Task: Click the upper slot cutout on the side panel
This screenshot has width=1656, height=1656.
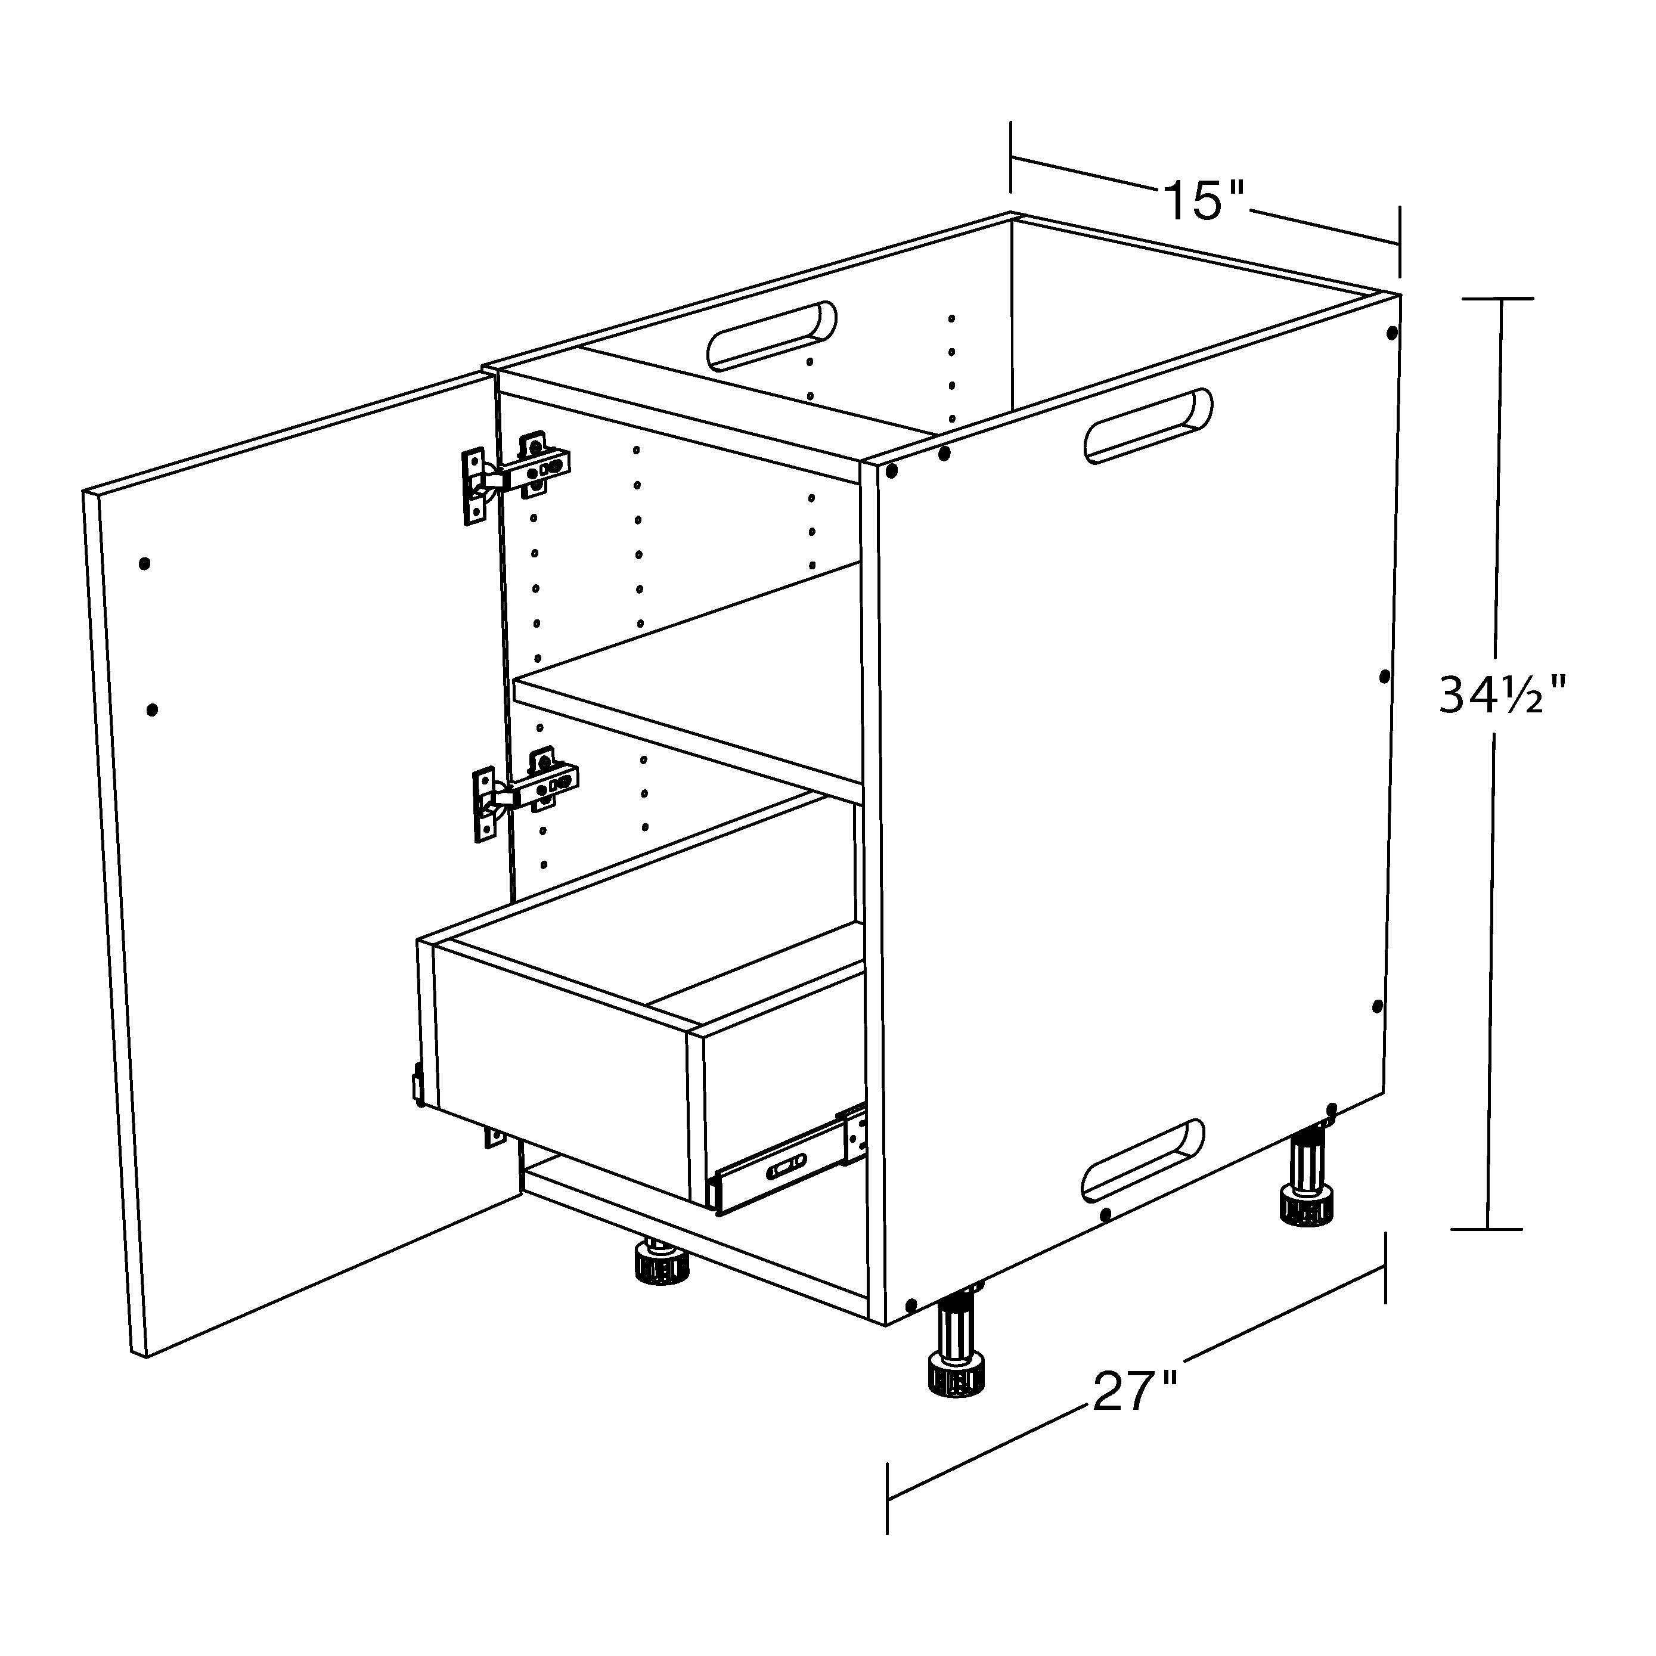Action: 1149,427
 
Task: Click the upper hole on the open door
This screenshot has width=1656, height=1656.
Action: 144,564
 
